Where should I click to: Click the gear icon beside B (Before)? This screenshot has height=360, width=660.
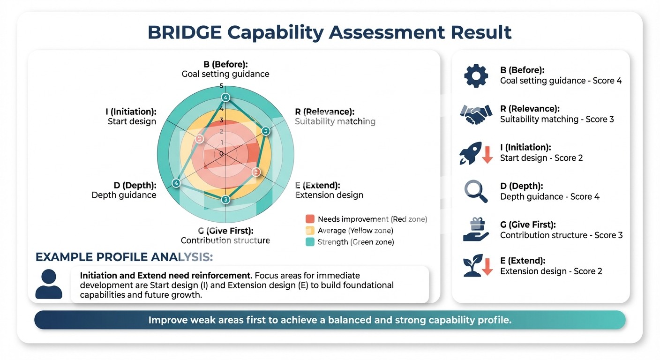coord(476,76)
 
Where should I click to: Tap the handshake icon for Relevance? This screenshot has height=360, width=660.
coord(476,114)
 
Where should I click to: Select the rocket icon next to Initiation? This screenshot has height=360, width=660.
coord(471,153)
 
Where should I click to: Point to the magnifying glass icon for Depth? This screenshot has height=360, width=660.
coord(476,191)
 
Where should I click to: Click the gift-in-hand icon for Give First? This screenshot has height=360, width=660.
coord(476,229)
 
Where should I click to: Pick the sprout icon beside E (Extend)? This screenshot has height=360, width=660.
coord(472,265)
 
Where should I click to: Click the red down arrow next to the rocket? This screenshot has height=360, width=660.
coord(487,155)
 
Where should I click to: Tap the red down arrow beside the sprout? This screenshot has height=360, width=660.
coord(487,267)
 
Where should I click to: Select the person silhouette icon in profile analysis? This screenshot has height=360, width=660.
coord(49,284)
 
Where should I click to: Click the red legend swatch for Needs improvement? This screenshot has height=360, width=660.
coord(310,219)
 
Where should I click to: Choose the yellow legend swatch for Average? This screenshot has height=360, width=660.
coord(310,230)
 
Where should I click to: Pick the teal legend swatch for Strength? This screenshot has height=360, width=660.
coord(310,242)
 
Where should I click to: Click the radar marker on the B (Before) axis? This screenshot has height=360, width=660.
coord(225,97)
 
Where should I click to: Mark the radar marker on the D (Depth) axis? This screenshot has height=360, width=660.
coord(176,183)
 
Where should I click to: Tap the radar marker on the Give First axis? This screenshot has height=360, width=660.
coord(225,199)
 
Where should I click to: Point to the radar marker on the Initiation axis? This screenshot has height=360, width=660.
coord(200,138)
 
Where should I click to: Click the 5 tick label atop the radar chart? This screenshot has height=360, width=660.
coord(222,86)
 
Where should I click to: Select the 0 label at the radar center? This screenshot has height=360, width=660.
coord(221,153)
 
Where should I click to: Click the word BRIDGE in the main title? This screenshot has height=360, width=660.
coord(185,32)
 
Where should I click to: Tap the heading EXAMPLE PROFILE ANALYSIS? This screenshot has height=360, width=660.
coord(124,257)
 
